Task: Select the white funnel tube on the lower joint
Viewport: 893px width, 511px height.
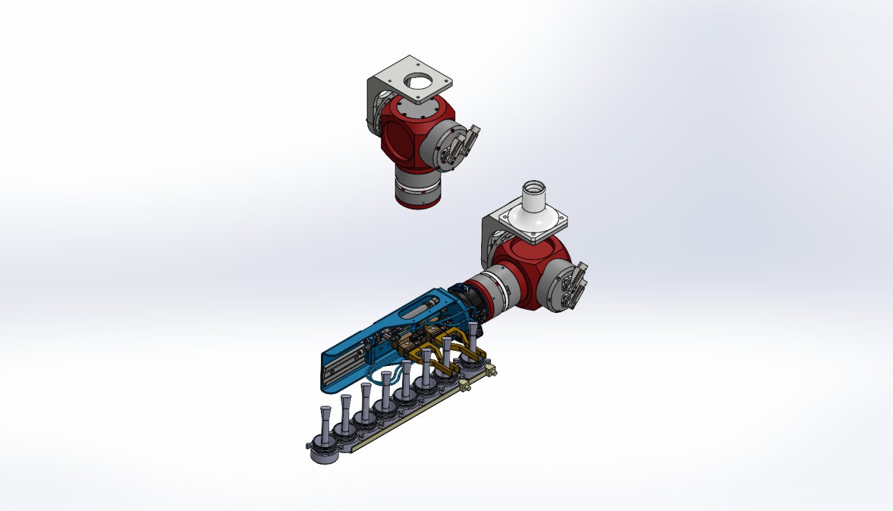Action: click(x=535, y=203)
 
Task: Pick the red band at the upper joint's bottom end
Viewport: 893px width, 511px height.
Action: click(x=418, y=201)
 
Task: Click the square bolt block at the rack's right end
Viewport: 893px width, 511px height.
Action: click(x=490, y=371)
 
